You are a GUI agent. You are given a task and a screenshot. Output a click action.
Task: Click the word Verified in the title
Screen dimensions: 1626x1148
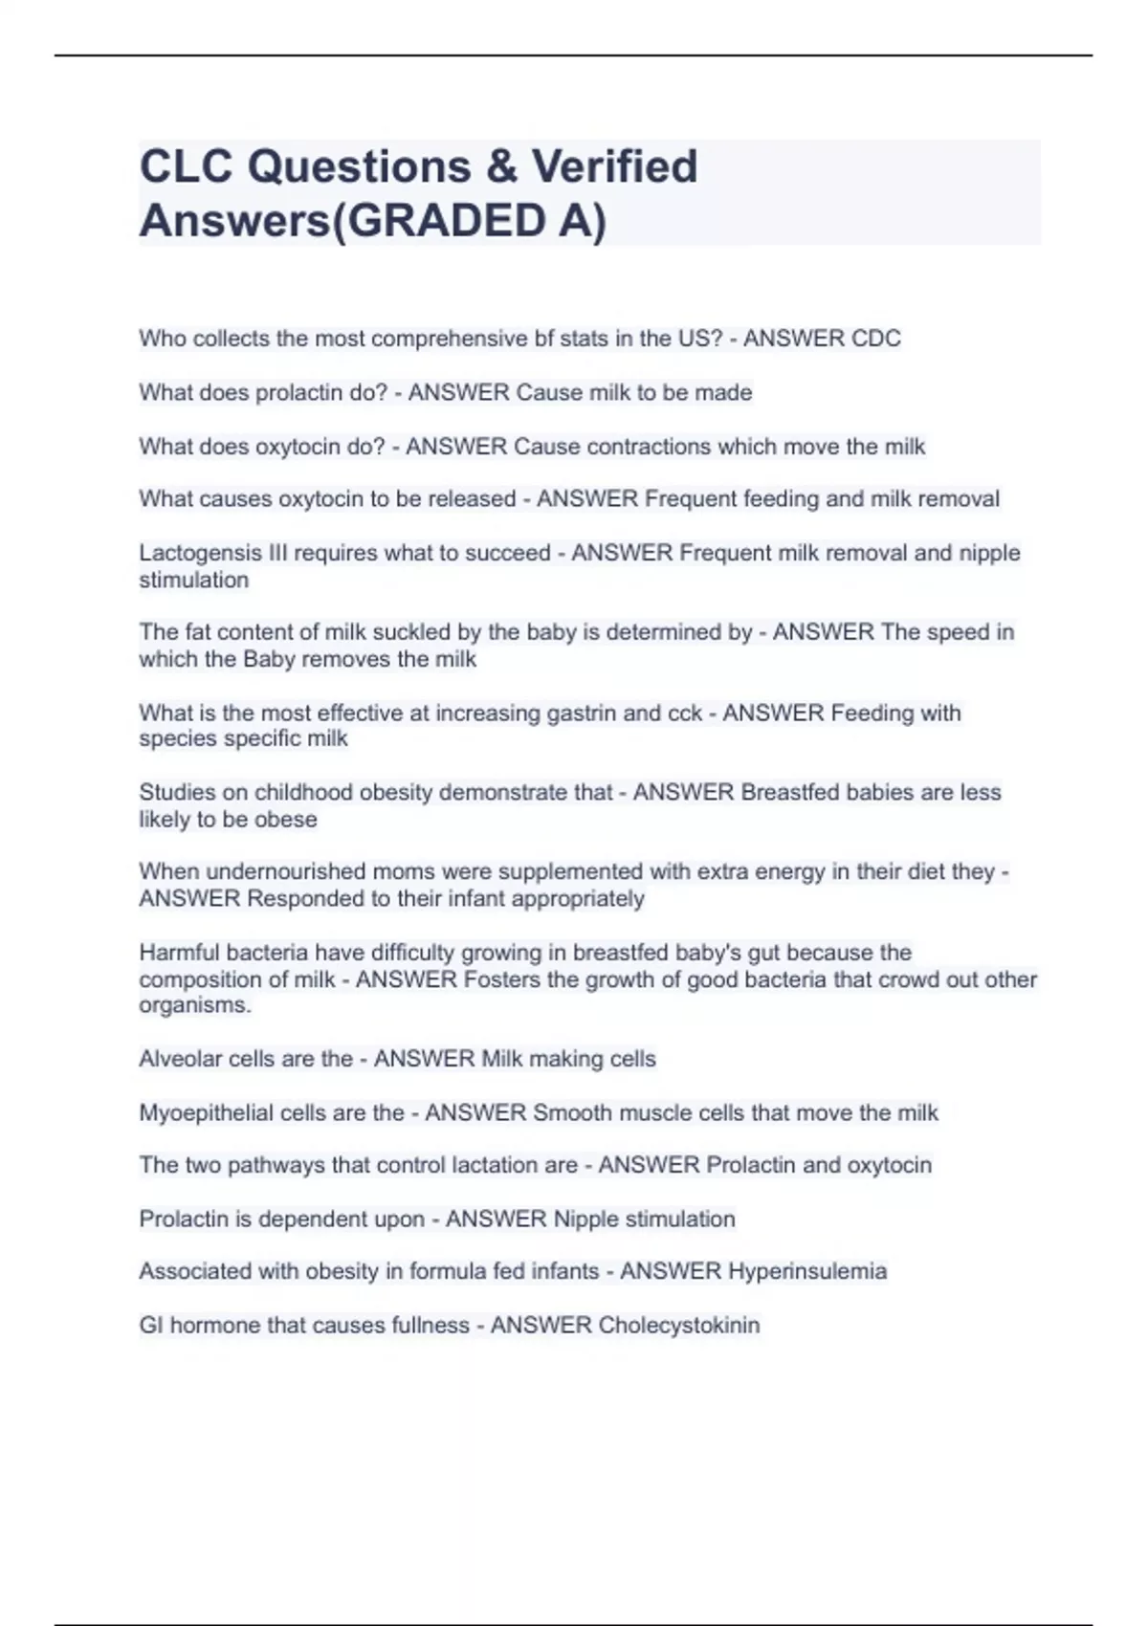614,166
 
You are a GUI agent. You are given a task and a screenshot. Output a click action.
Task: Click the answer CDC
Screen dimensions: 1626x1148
874,339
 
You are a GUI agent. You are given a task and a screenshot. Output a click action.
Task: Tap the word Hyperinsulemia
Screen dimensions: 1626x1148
807,1271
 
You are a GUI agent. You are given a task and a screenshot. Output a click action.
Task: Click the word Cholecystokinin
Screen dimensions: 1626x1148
678,1325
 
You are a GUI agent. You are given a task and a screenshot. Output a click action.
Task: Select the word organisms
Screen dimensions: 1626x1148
194,1005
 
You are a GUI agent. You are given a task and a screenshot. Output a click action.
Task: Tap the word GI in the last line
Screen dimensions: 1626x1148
149,1325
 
